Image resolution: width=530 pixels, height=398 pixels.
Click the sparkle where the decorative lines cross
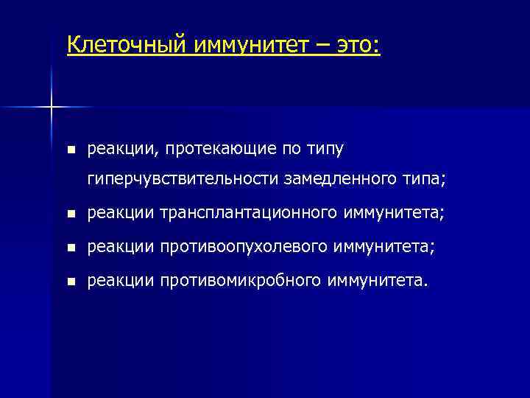tap(52, 108)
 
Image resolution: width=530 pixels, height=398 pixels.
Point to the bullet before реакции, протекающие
tap(70, 150)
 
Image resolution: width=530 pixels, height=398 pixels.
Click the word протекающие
tap(221, 150)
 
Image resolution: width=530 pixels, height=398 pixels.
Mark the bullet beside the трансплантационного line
tap(70, 214)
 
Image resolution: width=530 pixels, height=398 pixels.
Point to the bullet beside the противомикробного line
tap(70, 282)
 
